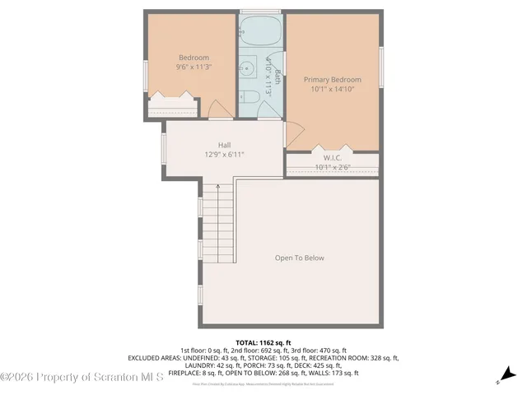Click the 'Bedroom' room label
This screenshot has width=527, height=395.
click(194, 58)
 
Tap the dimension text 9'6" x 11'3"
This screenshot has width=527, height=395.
click(194, 67)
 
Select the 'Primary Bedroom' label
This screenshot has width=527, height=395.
click(333, 80)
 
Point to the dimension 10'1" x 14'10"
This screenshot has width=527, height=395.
click(333, 90)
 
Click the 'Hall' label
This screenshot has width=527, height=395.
click(224, 144)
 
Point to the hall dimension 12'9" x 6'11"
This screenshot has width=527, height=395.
click(224, 154)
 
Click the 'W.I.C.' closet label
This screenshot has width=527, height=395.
click(333, 158)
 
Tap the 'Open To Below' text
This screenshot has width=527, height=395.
click(300, 258)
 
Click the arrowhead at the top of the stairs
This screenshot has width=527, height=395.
click(217, 186)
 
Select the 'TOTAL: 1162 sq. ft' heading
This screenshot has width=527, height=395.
click(263, 342)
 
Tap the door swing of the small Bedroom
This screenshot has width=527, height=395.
click(219, 109)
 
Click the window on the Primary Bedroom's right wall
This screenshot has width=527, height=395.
click(381, 66)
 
